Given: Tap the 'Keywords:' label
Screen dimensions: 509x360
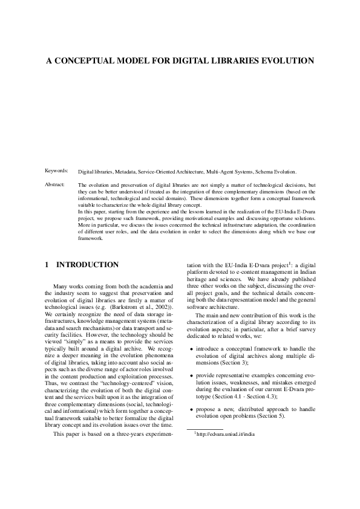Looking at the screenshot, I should (57, 172).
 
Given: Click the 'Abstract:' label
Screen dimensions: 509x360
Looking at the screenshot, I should (56, 184).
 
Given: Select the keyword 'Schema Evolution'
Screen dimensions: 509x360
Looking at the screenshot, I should (276, 172).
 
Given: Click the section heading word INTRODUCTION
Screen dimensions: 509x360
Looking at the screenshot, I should (87, 265).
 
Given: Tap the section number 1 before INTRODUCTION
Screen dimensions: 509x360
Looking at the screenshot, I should (47, 265).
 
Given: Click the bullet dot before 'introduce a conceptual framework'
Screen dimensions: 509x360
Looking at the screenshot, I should (192, 349).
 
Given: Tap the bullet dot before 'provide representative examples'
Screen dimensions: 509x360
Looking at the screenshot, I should (192, 377).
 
